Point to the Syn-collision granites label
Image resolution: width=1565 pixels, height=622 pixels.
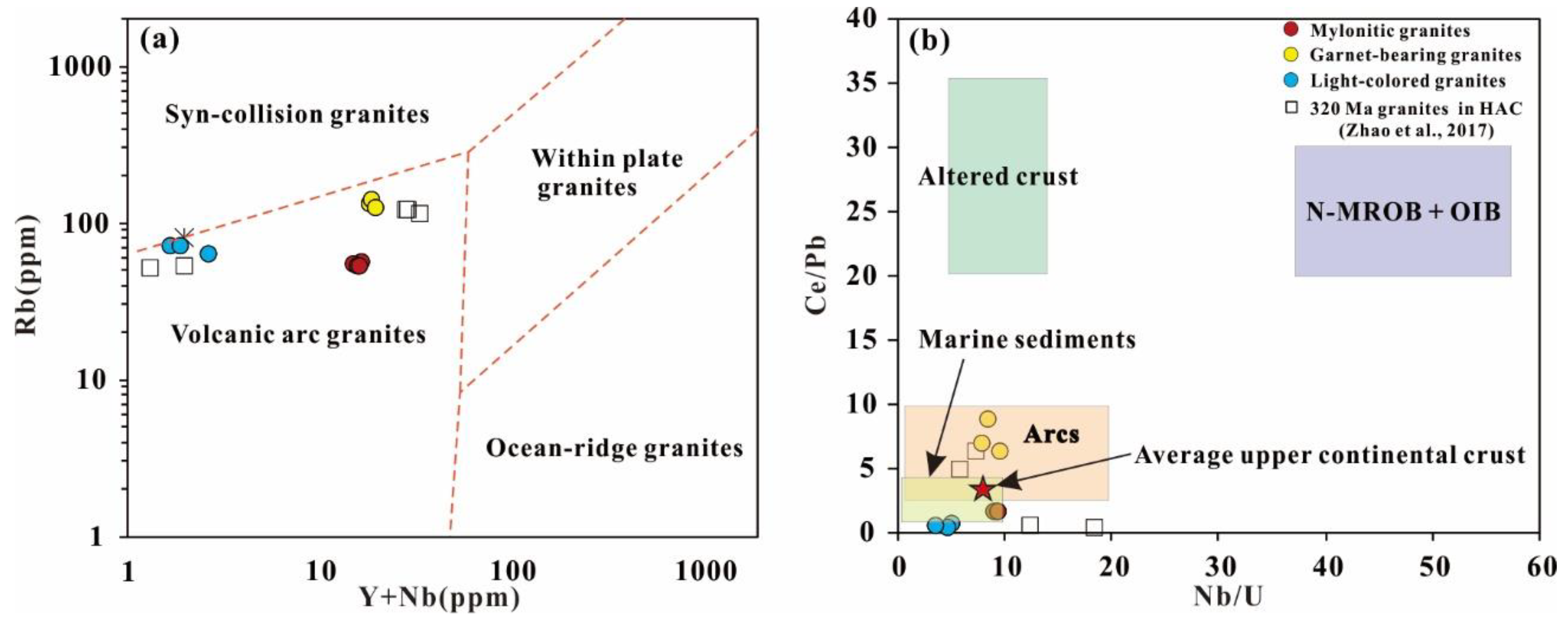click(x=297, y=115)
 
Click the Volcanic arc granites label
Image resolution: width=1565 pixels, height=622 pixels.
click(x=298, y=335)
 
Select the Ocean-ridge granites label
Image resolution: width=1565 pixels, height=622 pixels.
click(x=614, y=448)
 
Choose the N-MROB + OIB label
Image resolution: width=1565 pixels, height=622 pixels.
click(x=1403, y=211)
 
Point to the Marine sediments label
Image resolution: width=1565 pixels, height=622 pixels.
click(x=1027, y=339)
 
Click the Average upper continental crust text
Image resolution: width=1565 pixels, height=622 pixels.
click(x=1330, y=455)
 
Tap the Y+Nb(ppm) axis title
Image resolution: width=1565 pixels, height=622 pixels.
click(x=440, y=598)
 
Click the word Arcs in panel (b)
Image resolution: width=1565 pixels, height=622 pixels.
click(x=1052, y=434)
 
